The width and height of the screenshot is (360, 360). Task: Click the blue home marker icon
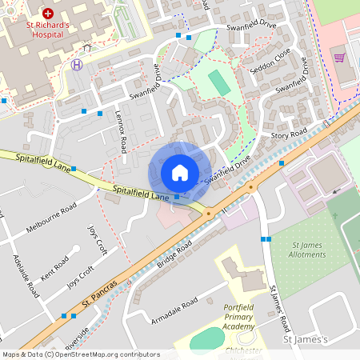click(180, 172)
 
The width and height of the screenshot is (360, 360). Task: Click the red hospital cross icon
click(47, 14)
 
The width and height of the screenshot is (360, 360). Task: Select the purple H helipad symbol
click(77, 65)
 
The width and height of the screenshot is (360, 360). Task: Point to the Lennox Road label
click(122, 131)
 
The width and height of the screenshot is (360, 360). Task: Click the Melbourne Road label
click(50, 218)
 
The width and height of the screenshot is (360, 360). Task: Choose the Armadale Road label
click(174, 311)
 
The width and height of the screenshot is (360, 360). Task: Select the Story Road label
click(289, 134)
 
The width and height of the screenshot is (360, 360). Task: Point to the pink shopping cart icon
click(339, 58)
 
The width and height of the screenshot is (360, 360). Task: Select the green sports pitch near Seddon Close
click(217, 82)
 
